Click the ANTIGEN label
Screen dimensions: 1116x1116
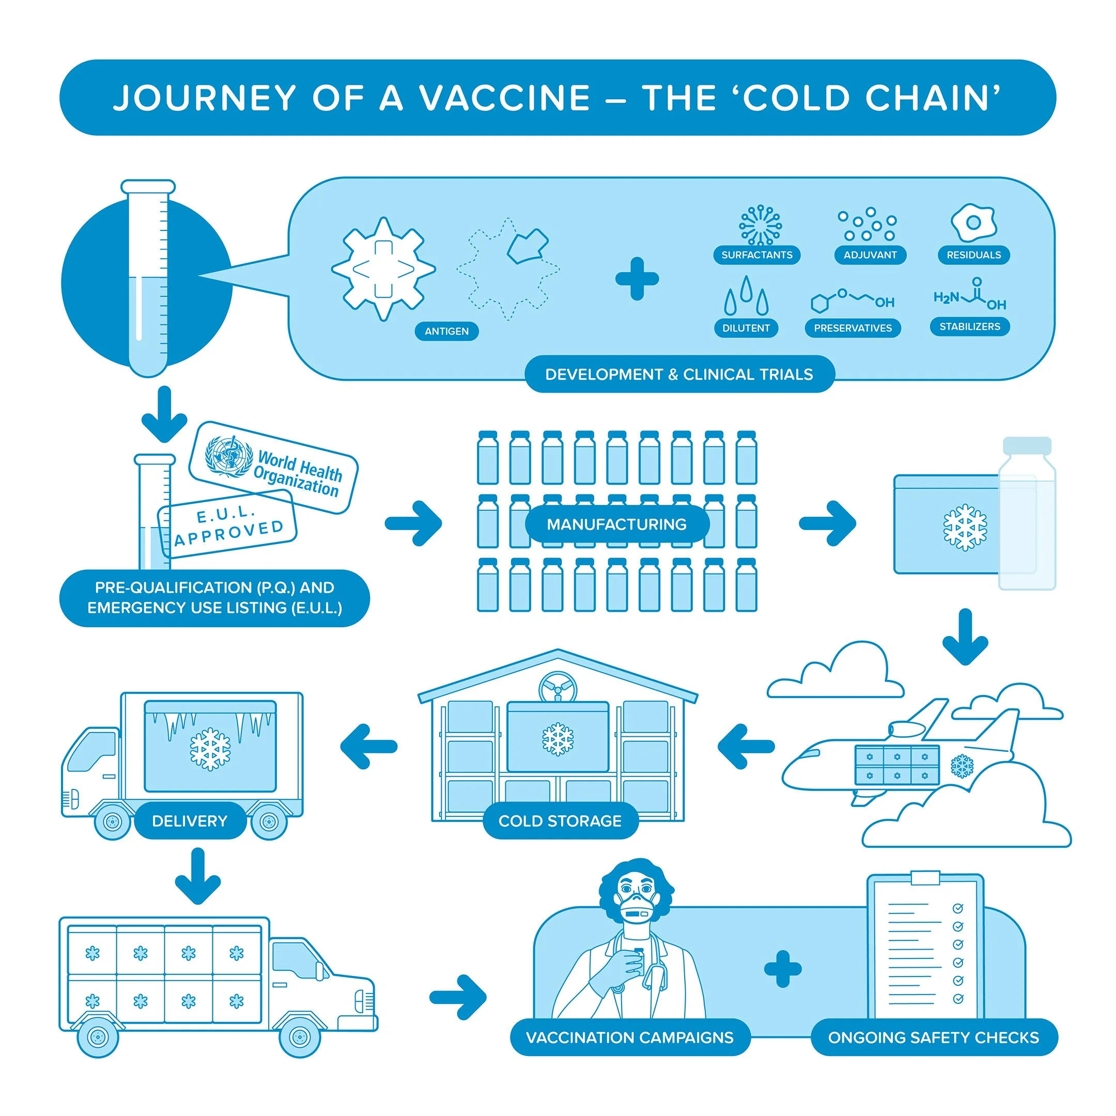pyautogui.click(x=446, y=332)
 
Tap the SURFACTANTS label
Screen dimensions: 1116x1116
pyautogui.click(x=757, y=255)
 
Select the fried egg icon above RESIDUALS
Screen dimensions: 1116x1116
pyautogui.click(x=973, y=222)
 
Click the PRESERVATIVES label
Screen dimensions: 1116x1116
pyautogui.click(x=853, y=328)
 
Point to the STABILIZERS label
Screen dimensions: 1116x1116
pyautogui.click(x=969, y=327)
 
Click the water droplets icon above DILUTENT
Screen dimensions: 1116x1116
pyautogui.click(x=746, y=296)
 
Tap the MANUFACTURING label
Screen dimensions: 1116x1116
pyautogui.click(x=616, y=524)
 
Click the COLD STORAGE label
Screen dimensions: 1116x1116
pyautogui.click(x=560, y=821)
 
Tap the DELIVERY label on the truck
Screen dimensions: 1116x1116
pyautogui.click(x=190, y=821)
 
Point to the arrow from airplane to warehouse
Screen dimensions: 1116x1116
pyautogui.click(x=745, y=746)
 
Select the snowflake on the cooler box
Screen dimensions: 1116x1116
pyautogui.click(x=965, y=528)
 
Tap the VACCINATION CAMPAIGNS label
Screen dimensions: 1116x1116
pyautogui.click(x=630, y=1037)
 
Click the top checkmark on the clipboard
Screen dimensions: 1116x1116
pyautogui.click(x=958, y=909)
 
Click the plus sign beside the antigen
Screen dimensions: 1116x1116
pyautogui.click(x=637, y=279)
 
